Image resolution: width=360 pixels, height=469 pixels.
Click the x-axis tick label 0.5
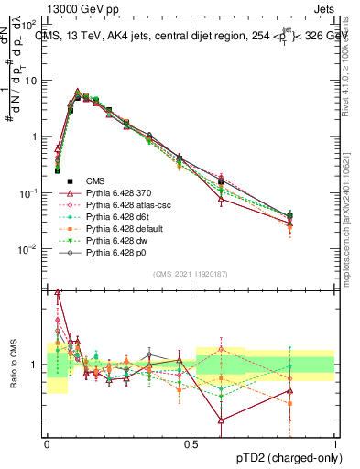pos(191,443)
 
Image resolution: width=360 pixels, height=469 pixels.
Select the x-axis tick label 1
pos(335,443)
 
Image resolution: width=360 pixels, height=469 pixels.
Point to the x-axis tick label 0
pos(48,443)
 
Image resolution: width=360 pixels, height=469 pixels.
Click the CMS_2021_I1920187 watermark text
pos(191,274)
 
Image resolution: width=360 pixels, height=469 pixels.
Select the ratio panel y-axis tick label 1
pos(37,365)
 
